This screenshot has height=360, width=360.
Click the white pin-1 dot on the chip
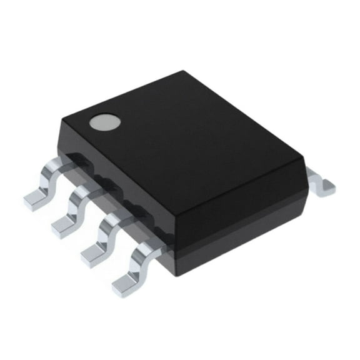point(103,122)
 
